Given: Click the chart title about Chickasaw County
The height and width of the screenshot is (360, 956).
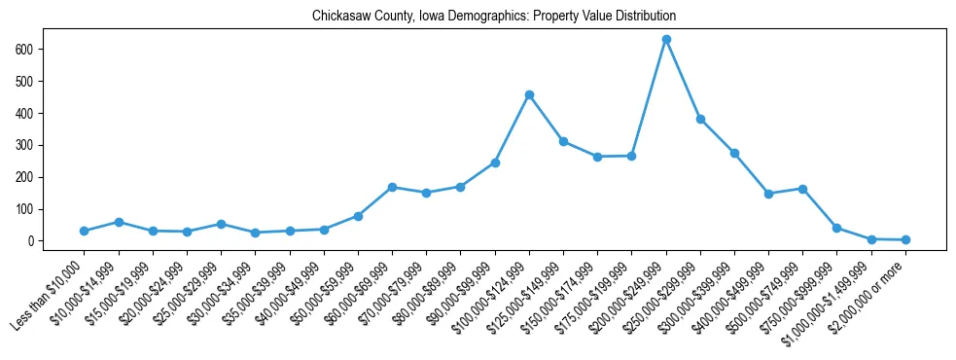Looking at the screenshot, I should (x=493, y=17).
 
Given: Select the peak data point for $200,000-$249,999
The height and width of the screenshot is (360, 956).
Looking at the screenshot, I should (x=666, y=40).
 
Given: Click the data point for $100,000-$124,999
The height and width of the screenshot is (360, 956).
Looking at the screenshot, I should (x=529, y=94).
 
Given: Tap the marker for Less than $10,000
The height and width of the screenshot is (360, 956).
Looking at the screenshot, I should (x=85, y=231).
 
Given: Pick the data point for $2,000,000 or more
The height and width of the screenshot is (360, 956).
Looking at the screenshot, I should (x=905, y=239).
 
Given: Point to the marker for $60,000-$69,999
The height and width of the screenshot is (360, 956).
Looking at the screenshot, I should (x=392, y=187).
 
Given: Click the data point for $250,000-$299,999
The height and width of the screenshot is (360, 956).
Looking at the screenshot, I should (x=700, y=120).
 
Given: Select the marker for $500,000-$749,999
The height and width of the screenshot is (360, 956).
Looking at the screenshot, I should (x=802, y=189).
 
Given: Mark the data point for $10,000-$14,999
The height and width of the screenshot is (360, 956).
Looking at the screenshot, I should (x=119, y=222).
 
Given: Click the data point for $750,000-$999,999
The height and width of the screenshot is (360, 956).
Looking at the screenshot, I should (x=836, y=228).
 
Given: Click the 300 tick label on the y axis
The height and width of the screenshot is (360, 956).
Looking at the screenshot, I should (x=25, y=145).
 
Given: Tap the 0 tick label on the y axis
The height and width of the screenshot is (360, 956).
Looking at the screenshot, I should (x=32, y=241).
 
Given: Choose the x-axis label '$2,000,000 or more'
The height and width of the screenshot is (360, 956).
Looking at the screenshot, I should (x=868, y=296).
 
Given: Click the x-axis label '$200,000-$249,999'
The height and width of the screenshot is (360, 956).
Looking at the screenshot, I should (x=630, y=297).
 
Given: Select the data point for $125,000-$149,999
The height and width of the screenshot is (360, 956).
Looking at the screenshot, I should (x=563, y=141).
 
